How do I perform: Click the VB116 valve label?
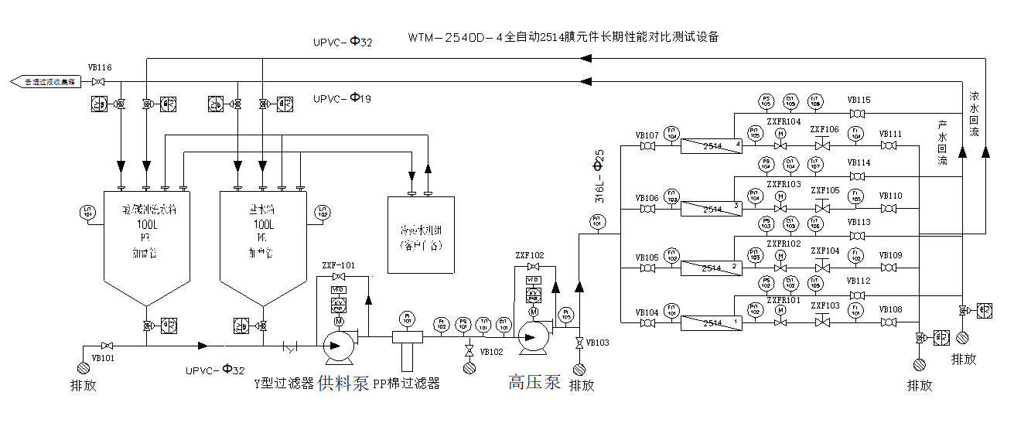(x=100, y=68)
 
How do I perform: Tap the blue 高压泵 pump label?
(x=534, y=382)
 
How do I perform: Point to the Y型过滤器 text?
(x=284, y=384)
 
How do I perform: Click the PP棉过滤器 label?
(x=406, y=384)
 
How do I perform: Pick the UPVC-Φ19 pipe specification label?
(x=343, y=98)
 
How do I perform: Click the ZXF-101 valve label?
(x=337, y=265)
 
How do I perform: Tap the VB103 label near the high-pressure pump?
(x=597, y=342)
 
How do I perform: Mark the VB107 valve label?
(x=647, y=135)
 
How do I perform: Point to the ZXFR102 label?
(x=783, y=244)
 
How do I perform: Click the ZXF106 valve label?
(x=825, y=129)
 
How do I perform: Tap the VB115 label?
(x=859, y=100)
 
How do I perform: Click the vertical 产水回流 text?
(x=942, y=142)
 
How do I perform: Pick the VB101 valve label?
(x=103, y=358)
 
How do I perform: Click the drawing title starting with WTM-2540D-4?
(x=564, y=36)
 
